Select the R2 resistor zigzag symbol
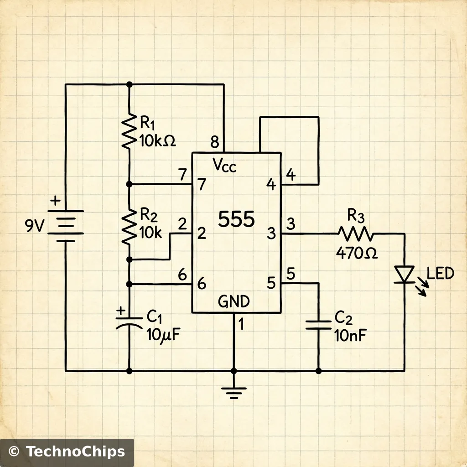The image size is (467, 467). pyautogui.click(x=129, y=226)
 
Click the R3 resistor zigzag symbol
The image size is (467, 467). pyautogui.click(x=356, y=234)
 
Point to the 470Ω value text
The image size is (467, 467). pyautogui.click(x=357, y=253)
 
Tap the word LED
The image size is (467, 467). pyautogui.click(x=441, y=274)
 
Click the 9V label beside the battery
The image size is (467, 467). pyautogui.click(x=35, y=226)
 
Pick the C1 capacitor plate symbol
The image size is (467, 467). pyautogui.click(x=129, y=322)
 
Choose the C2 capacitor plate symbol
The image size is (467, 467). pyautogui.click(x=318, y=324)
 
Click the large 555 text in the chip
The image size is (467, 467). pyautogui.click(x=236, y=220)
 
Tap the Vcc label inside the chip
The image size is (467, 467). pyautogui.click(x=225, y=166)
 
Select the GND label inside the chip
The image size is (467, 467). pyautogui.click(x=233, y=302)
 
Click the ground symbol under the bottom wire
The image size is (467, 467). pyautogui.click(x=233, y=392)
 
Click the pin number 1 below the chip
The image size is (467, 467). pyautogui.click(x=242, y=324)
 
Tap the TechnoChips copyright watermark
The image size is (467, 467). pyautogui.click(x=67, y=452)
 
